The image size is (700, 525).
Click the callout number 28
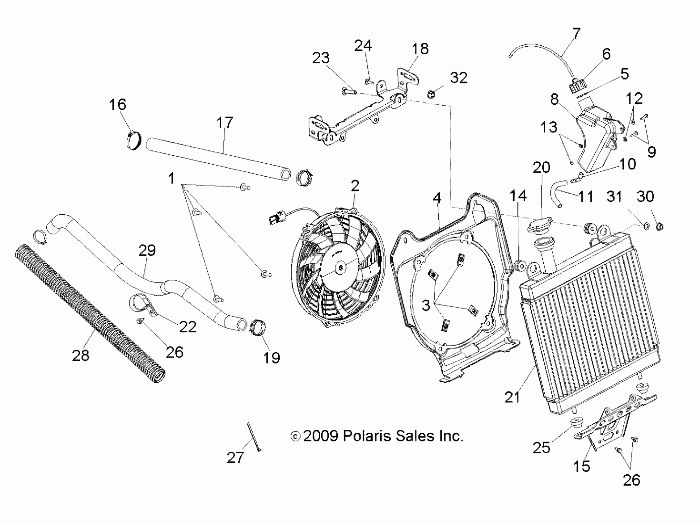click(80, 356)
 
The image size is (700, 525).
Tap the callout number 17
click(225, 123)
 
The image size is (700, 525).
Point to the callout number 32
click(458, 78)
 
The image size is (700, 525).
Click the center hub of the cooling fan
click(340, 268)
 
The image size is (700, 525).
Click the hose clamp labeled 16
click(133, 141)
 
